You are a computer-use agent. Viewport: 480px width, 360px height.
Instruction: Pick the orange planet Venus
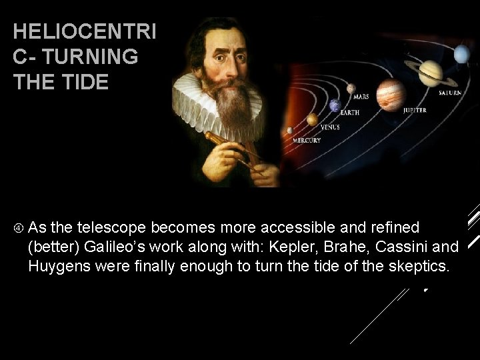(x=312, y=119)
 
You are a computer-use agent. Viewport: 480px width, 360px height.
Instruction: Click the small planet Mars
(x=350, y=88)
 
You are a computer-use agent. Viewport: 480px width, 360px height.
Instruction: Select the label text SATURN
(x=449, y=93)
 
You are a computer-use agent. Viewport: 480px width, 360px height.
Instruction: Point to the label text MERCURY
(x=307, y=141)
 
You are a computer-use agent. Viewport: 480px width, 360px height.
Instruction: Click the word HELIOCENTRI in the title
(x=84, y=32)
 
